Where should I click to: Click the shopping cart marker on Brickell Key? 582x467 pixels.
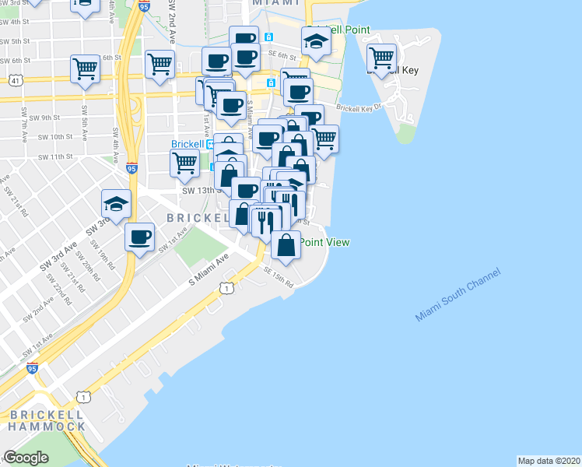[381, 58]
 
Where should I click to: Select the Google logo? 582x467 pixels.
[26, 458]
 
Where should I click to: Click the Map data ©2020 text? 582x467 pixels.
[549, 460]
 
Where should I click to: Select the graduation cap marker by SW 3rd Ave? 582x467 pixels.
[116, 205]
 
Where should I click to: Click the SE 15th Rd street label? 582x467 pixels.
[278, 276]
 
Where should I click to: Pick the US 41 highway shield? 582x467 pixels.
[16, 80]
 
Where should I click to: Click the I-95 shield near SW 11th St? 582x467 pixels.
[131, 168]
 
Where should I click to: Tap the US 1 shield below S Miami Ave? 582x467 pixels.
[226, 289]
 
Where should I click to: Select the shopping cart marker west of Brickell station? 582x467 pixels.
[184, 163]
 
